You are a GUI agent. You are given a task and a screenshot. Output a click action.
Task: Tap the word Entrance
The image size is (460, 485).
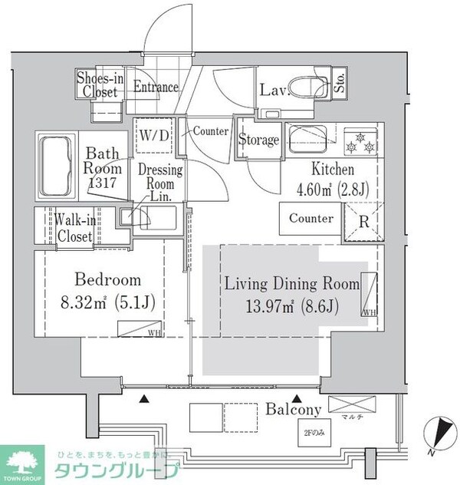click(156, 87)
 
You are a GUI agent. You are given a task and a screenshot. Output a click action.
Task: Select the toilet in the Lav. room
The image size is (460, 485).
click(308, 91)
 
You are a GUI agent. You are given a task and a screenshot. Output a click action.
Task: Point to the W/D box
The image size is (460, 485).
click(153, 135)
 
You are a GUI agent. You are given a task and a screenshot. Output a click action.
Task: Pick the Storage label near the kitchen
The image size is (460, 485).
click(258, 140)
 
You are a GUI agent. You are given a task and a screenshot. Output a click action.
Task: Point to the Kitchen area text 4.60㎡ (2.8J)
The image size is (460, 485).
click(332, 189)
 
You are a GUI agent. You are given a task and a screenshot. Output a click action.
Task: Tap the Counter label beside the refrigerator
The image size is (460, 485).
click(310, 219)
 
